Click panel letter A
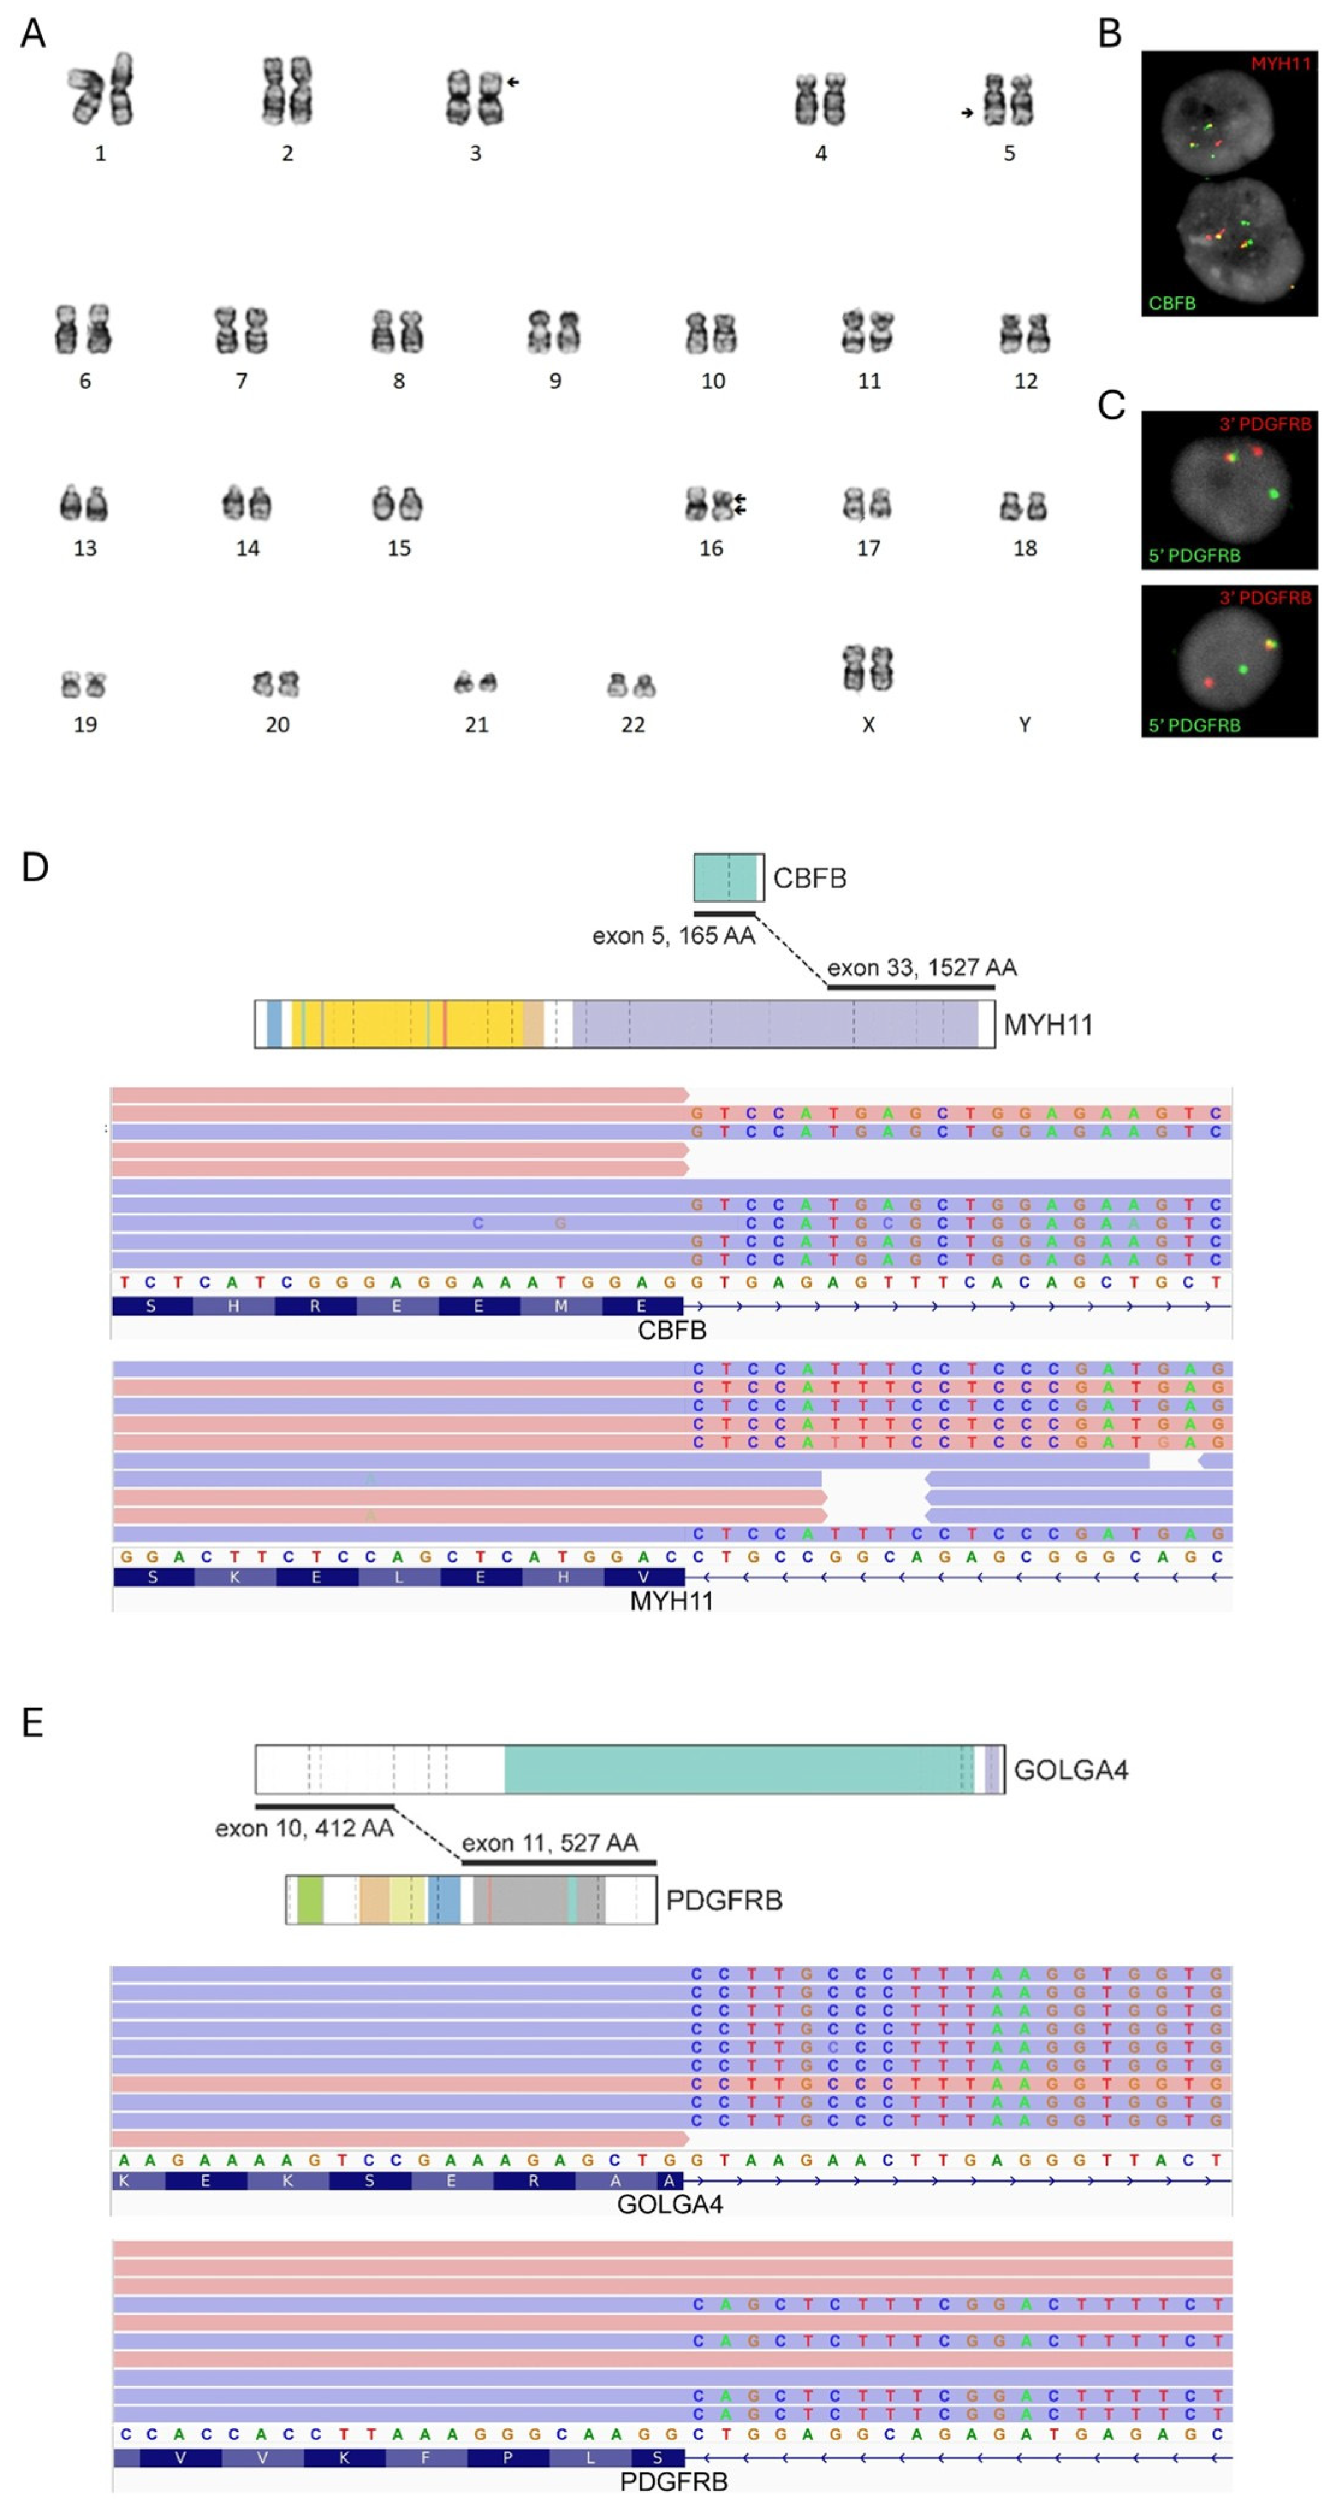click(x=32, y=34)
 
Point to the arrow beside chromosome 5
click(x=966, y=113)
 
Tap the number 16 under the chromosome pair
click(x=711, y=548)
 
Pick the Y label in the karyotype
click(x=1024, y=724)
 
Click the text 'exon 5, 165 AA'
click(x=673, y=936)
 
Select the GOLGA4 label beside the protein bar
click(x=1070, y=1770)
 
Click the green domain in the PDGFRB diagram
click(x=310, y=1900)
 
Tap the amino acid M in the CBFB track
click(x=560, y=1306)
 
